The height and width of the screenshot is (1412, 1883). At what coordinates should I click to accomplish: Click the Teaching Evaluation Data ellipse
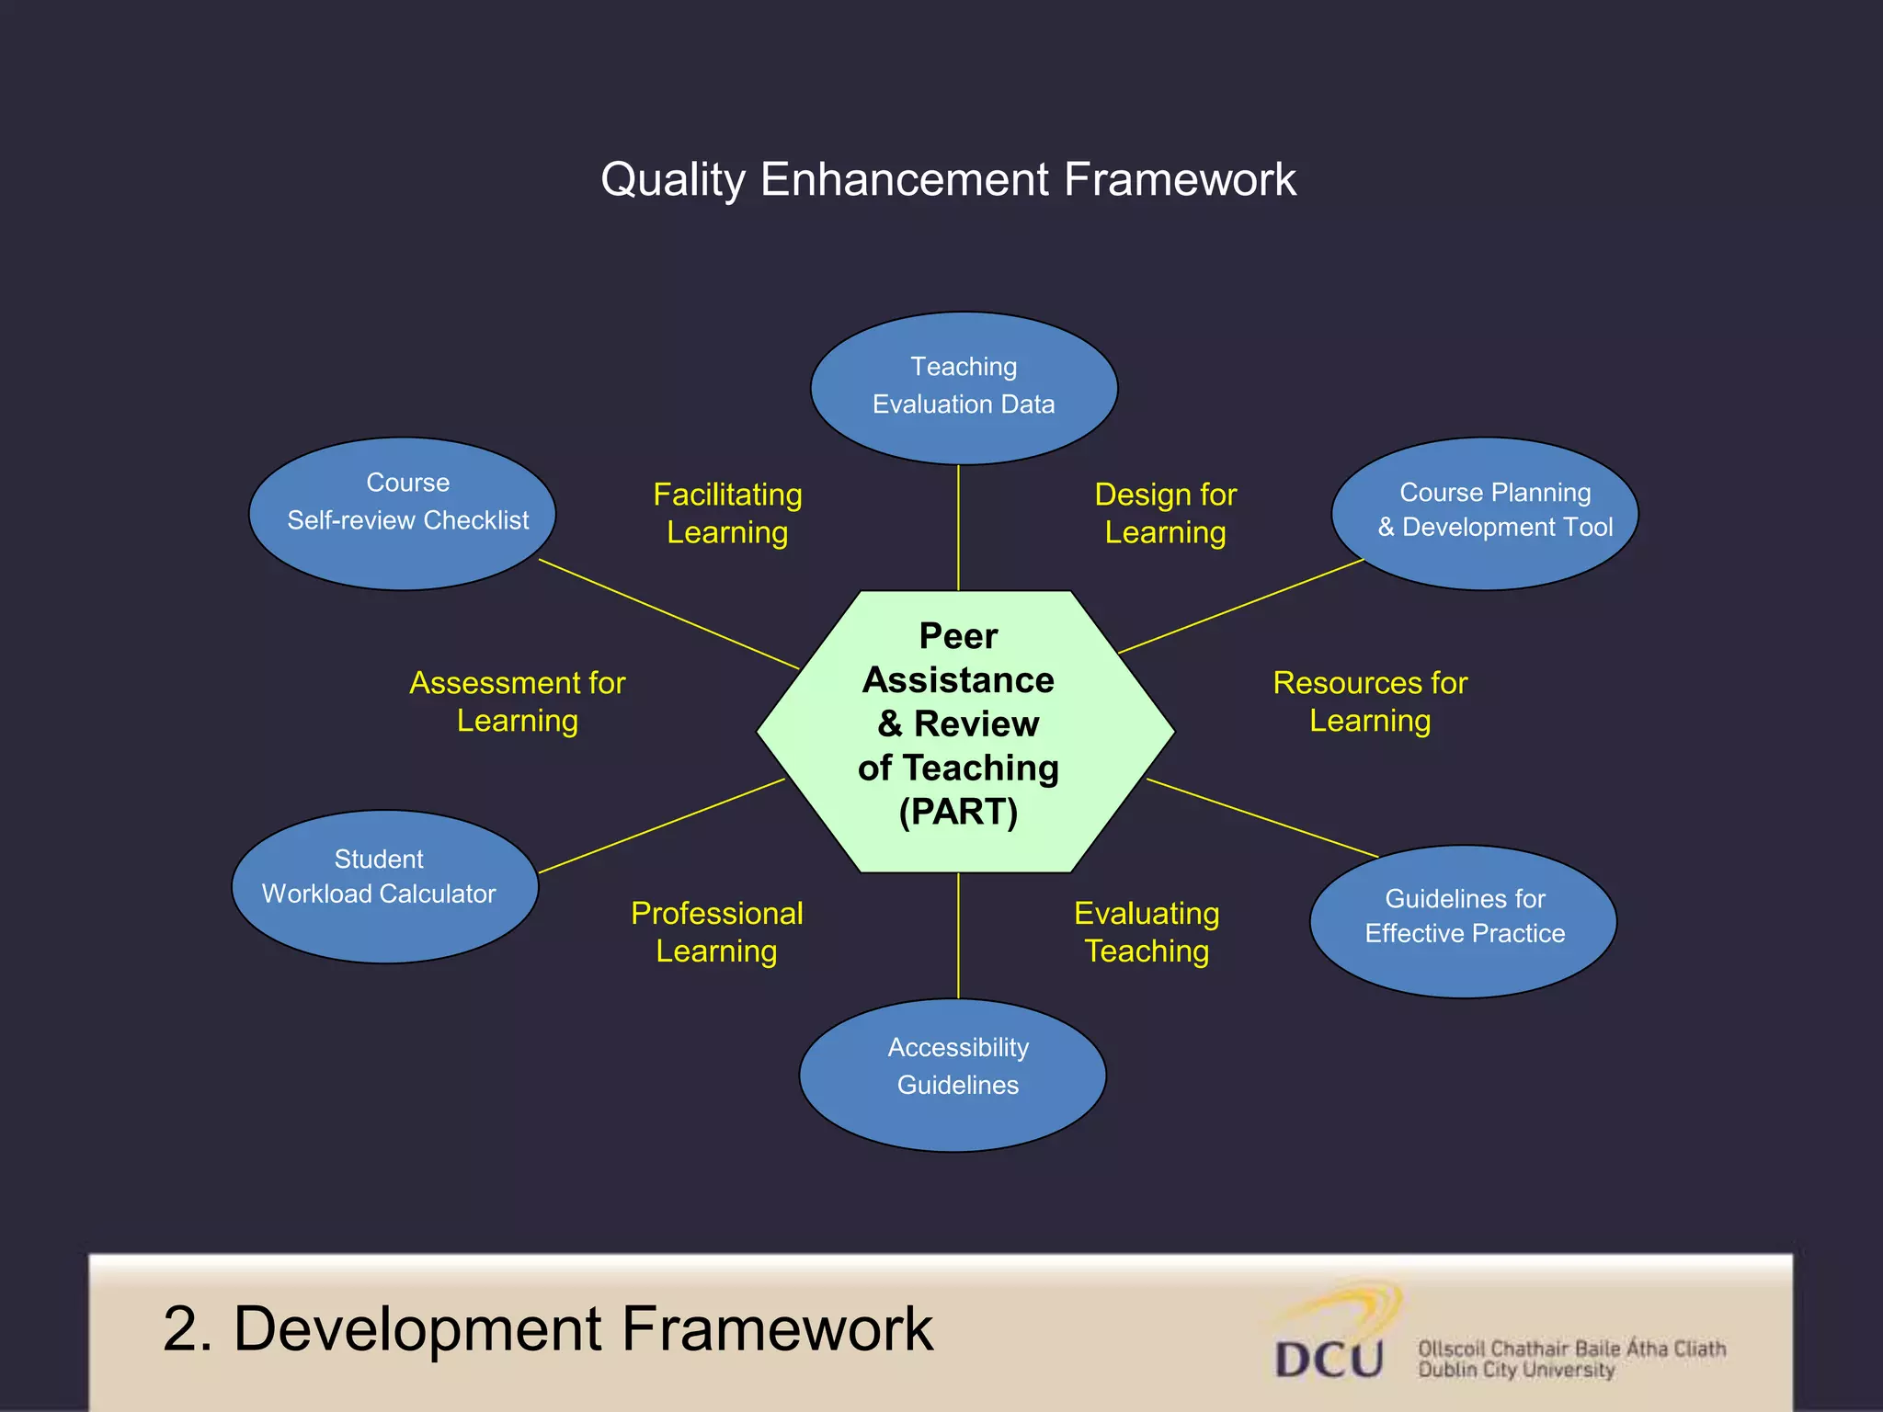964,387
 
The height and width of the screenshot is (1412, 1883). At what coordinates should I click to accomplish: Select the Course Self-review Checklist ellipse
403,513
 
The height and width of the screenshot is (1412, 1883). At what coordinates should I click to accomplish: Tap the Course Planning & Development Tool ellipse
1484,513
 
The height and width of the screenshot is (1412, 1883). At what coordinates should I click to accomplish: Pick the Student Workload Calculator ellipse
384,886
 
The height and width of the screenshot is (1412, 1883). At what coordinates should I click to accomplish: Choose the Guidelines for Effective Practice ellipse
1463,921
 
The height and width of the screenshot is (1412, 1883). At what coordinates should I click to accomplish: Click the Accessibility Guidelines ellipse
953,1074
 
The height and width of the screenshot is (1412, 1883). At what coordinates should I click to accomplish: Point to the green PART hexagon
964,731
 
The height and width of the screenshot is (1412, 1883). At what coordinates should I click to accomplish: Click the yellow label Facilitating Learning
727,513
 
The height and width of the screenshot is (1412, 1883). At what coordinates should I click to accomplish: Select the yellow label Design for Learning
1165,513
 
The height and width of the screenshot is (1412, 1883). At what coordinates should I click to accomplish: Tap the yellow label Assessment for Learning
517,701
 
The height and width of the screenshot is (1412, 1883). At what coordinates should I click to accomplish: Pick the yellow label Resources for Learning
1369,701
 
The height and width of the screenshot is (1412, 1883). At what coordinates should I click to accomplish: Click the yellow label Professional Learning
716,931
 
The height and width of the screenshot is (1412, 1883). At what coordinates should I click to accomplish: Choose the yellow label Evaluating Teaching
1147,931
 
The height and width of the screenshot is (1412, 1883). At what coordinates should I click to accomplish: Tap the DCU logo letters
1329,1359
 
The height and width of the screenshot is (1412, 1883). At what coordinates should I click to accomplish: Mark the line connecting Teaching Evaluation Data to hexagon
958,528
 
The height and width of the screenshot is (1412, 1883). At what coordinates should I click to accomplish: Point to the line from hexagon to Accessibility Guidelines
958,935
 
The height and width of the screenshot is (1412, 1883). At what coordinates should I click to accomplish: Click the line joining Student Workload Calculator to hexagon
662,825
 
